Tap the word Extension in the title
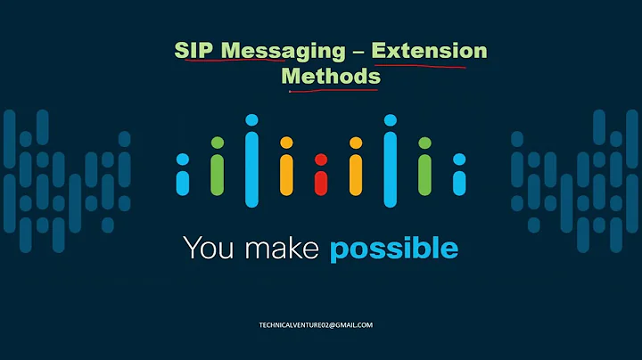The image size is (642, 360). pyautogui.click(x=430, y=51)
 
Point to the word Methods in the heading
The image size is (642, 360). pyautogui.click(x=331, y=77)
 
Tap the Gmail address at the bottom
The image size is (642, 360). pyautogui.click(x=321, y=324)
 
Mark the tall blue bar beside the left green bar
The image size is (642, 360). pyautogui.click(x=251, y=162)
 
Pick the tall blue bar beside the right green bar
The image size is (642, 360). pyautogui.click(x=390, y=162)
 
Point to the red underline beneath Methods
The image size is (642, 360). pyautogui.click(x=332, y=90)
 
